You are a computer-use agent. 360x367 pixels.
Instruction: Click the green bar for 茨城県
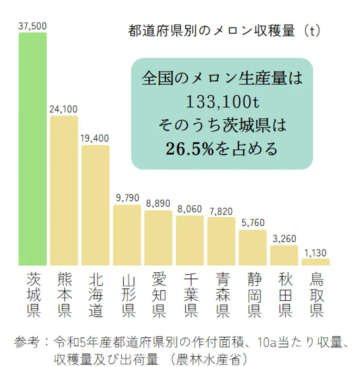pos(32,149)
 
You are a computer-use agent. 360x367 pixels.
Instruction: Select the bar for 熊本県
pos(64,190)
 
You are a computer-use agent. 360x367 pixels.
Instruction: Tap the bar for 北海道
pos(95,205)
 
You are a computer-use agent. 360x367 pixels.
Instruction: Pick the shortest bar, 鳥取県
pos(315,262)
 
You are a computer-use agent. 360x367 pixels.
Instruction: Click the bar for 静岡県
pos(252,247)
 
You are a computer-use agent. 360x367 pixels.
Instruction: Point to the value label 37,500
pos(32,26)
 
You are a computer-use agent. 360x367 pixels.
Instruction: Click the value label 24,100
pos(64,109)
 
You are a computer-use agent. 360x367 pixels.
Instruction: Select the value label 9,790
pos(127,198)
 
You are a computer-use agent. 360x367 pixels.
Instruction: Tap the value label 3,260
pos(284,239)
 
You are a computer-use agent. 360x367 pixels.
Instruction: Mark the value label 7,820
pos(221,211)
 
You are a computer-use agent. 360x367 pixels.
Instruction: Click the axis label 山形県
pos(128,295)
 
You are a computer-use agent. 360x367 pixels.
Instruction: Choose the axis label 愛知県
pos(159,295)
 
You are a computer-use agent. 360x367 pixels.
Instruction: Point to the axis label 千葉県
pos(190,295)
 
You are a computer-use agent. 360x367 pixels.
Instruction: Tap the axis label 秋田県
pos(285,295)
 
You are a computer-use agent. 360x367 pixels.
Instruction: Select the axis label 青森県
pos(222,295)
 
